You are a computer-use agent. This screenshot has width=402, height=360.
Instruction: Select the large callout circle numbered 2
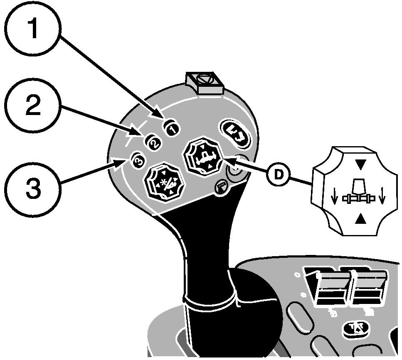[x=33, y=106]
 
